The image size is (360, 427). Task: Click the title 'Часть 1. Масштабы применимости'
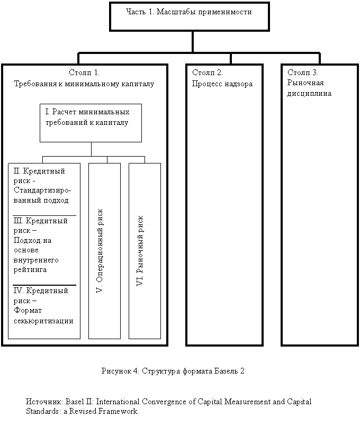189,12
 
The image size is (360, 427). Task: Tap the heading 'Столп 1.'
84,72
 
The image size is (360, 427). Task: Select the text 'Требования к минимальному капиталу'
84,84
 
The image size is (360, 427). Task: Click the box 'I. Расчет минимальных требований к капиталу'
91,117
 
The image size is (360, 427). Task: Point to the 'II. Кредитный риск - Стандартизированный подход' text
42,186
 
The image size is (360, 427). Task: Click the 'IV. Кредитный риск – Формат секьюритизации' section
42,306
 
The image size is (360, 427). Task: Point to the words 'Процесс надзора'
222,84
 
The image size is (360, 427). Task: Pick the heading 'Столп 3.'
303,72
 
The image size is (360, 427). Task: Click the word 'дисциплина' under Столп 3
309,94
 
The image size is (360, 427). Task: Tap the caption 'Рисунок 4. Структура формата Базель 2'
173,370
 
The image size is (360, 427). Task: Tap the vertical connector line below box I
91,149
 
